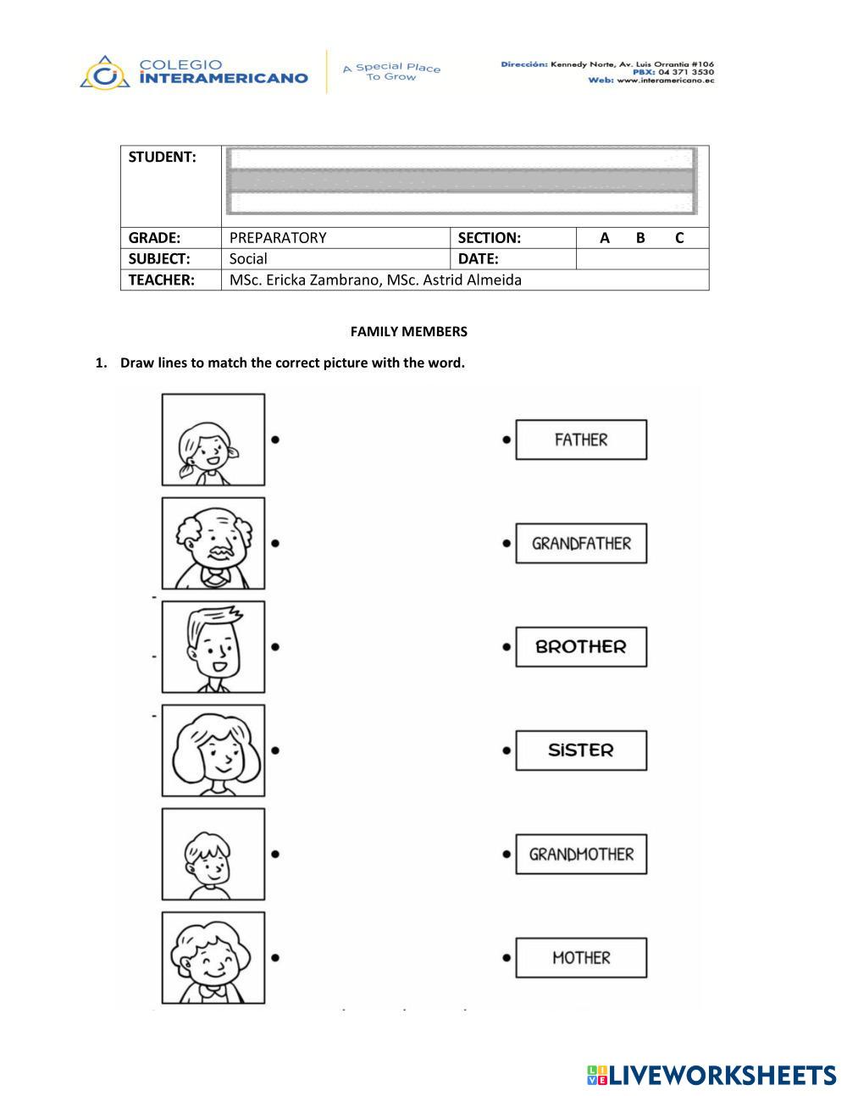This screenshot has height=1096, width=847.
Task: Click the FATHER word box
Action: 581,440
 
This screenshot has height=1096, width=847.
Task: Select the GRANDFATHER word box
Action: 581,543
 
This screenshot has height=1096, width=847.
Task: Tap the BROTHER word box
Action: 581,646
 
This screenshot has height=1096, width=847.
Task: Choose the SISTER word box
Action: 581,750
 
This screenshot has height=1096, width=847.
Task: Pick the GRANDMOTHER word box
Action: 581,854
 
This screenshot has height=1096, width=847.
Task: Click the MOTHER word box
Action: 581,957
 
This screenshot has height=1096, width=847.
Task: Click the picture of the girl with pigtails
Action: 213,439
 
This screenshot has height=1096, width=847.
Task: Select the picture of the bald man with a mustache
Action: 213,543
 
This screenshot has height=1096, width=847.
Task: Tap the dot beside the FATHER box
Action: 507,440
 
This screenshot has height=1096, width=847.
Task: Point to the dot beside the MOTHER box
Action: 507,958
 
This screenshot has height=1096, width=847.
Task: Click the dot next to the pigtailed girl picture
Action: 276,439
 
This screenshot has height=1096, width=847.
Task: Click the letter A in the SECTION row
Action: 605,238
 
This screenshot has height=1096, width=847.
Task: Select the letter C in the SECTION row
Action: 679,238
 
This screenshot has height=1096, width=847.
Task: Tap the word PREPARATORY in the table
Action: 278,238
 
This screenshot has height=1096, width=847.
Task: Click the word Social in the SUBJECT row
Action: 248,259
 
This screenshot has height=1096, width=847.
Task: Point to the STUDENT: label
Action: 162,157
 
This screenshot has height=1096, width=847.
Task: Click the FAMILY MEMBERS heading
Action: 408,331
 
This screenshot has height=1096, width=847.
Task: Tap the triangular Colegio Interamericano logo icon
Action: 105,74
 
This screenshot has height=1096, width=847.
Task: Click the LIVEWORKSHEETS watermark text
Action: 722,1075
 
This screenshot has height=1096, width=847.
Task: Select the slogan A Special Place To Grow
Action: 391,72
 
